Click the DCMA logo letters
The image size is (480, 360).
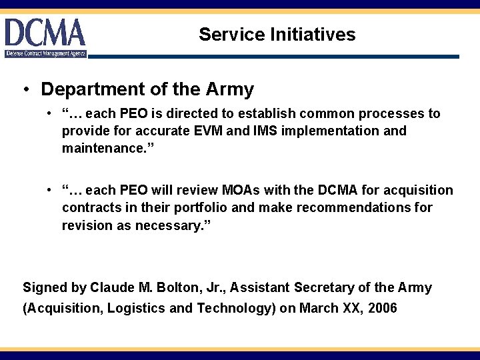click(45, 33)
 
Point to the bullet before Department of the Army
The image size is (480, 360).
click(25, 90)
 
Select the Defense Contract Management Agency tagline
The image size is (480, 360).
click(46, 53)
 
